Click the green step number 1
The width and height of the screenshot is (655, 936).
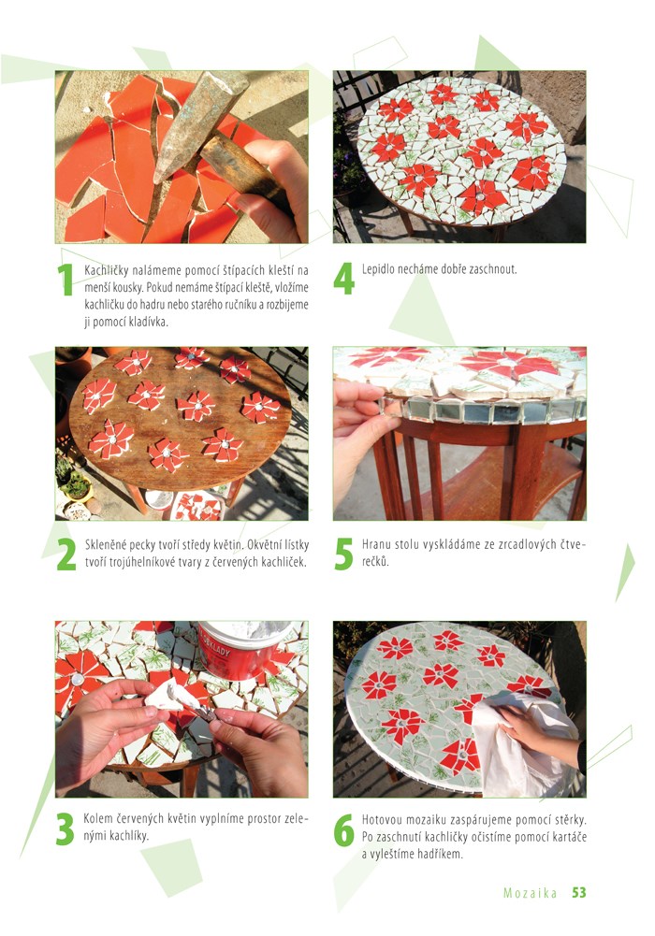tap(65, 280)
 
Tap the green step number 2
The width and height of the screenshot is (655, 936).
tap(66, 554)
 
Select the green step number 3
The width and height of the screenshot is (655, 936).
tap(65, 828)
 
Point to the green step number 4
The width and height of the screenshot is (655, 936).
tap(344, 279)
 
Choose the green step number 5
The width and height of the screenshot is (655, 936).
tap(344, 554)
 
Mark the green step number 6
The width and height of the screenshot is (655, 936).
tap(344, 830)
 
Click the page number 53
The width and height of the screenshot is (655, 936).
tap(579, 892)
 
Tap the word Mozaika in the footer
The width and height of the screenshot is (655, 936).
tap(531, 893)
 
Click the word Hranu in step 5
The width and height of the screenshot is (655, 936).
tap(375, 544)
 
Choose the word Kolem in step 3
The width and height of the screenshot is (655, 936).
tap(96, 818)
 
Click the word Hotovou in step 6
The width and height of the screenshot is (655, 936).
tap(382, 820)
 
